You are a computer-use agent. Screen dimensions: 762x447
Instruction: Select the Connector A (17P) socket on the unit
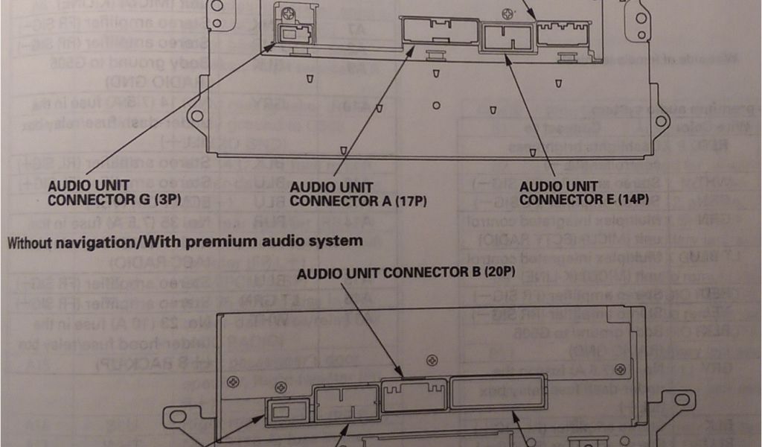point(440,31)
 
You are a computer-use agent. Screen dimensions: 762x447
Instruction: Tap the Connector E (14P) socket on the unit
point(507,37)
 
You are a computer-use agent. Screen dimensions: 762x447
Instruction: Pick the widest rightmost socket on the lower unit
point(487,393)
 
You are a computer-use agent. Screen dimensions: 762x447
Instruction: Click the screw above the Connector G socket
point(286,11)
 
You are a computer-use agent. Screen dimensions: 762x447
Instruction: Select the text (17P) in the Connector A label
point(410,200)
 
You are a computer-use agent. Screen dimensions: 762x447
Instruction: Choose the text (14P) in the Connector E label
point(632,200)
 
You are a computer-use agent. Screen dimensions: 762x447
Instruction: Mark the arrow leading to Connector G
point(179,112)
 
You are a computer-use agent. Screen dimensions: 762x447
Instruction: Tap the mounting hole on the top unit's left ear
point(197,116)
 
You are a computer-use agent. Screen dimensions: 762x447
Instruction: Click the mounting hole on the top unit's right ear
point(660,120)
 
